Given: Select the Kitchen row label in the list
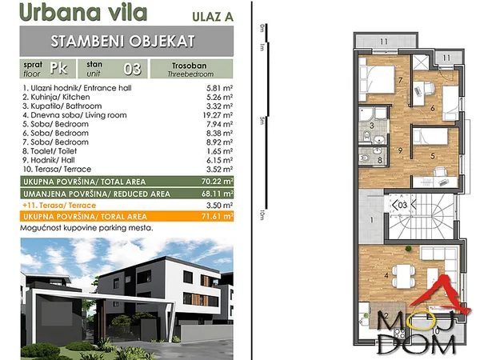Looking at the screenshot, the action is (56, 97).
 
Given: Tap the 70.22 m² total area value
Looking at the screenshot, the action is (218, 182).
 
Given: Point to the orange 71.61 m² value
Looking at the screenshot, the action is (218, 217).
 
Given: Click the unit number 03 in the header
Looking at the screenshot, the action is (132, 69).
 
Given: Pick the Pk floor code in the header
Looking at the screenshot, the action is (58, 68).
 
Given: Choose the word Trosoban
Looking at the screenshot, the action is (189, 66).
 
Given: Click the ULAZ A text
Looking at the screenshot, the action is (213, 17).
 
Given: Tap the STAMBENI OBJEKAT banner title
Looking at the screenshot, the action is (122, 42).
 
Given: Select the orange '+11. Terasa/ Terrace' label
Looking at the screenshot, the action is (59, 206).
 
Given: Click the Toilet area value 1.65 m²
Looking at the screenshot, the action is (219, 151).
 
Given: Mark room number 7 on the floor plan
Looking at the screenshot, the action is (401, 80).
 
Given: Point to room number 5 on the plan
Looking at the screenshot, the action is (433, 156).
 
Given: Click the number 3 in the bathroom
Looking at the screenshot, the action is (372, 126).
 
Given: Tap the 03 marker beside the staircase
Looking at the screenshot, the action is (402, 205).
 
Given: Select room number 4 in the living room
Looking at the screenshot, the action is (386, 276).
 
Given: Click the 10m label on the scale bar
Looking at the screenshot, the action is (262, 215).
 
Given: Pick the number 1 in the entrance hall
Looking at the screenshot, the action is (372, 220).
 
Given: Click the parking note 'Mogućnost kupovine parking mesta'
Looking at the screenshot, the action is (86, 228).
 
